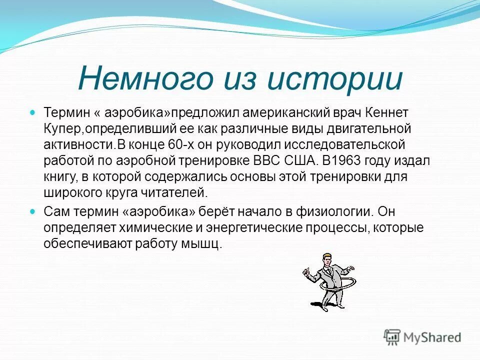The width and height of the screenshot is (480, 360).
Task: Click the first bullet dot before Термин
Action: point(33,113)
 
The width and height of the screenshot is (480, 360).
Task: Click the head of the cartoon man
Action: point(326,260)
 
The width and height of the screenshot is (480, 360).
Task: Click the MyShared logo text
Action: point(431,337)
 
